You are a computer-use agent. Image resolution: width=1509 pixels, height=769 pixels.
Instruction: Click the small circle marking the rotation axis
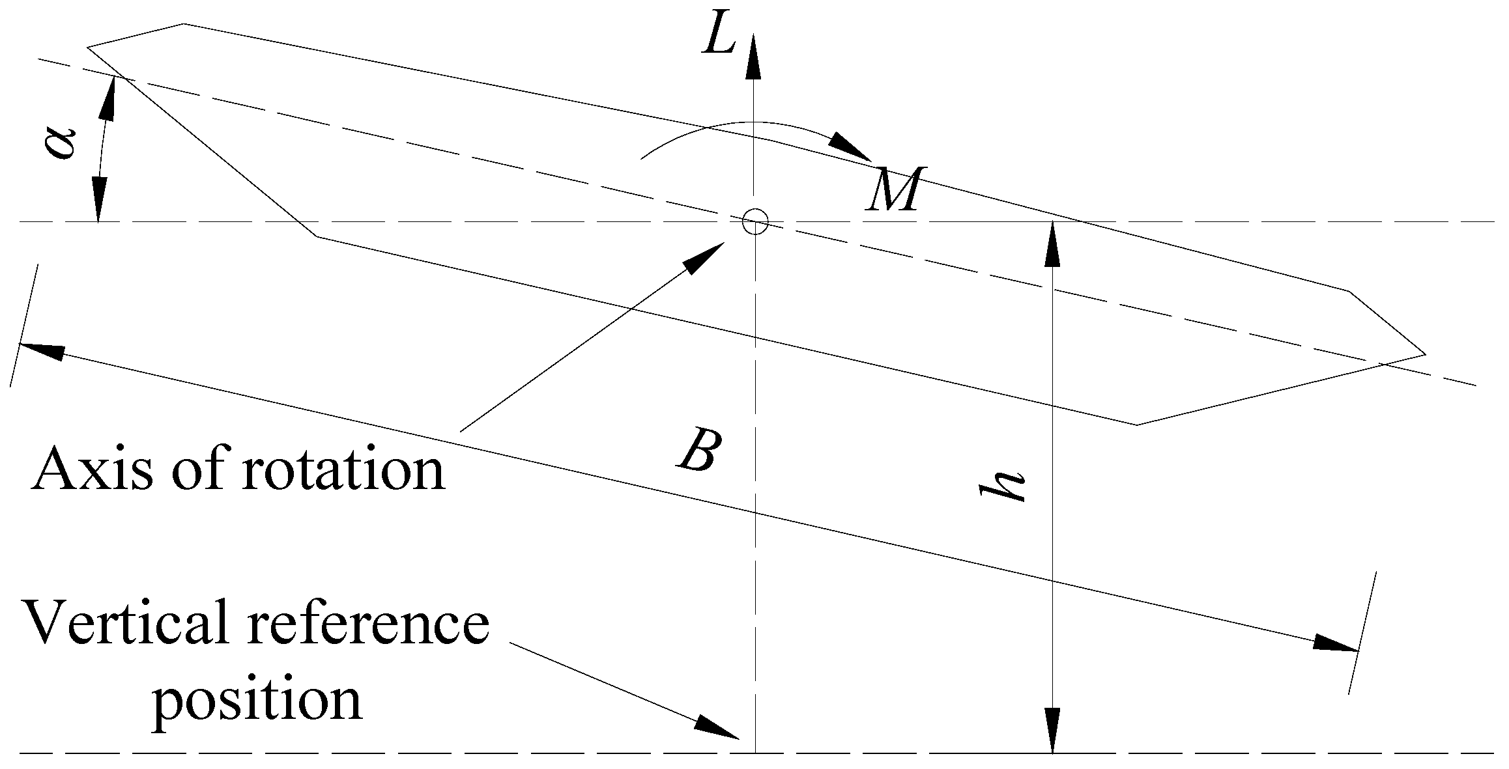click(x=755, y=221)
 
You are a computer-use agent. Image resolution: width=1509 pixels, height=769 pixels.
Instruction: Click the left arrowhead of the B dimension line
click(x=42, y=350)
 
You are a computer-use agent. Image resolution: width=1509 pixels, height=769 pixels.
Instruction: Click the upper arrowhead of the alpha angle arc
click(x=109, y=98)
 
